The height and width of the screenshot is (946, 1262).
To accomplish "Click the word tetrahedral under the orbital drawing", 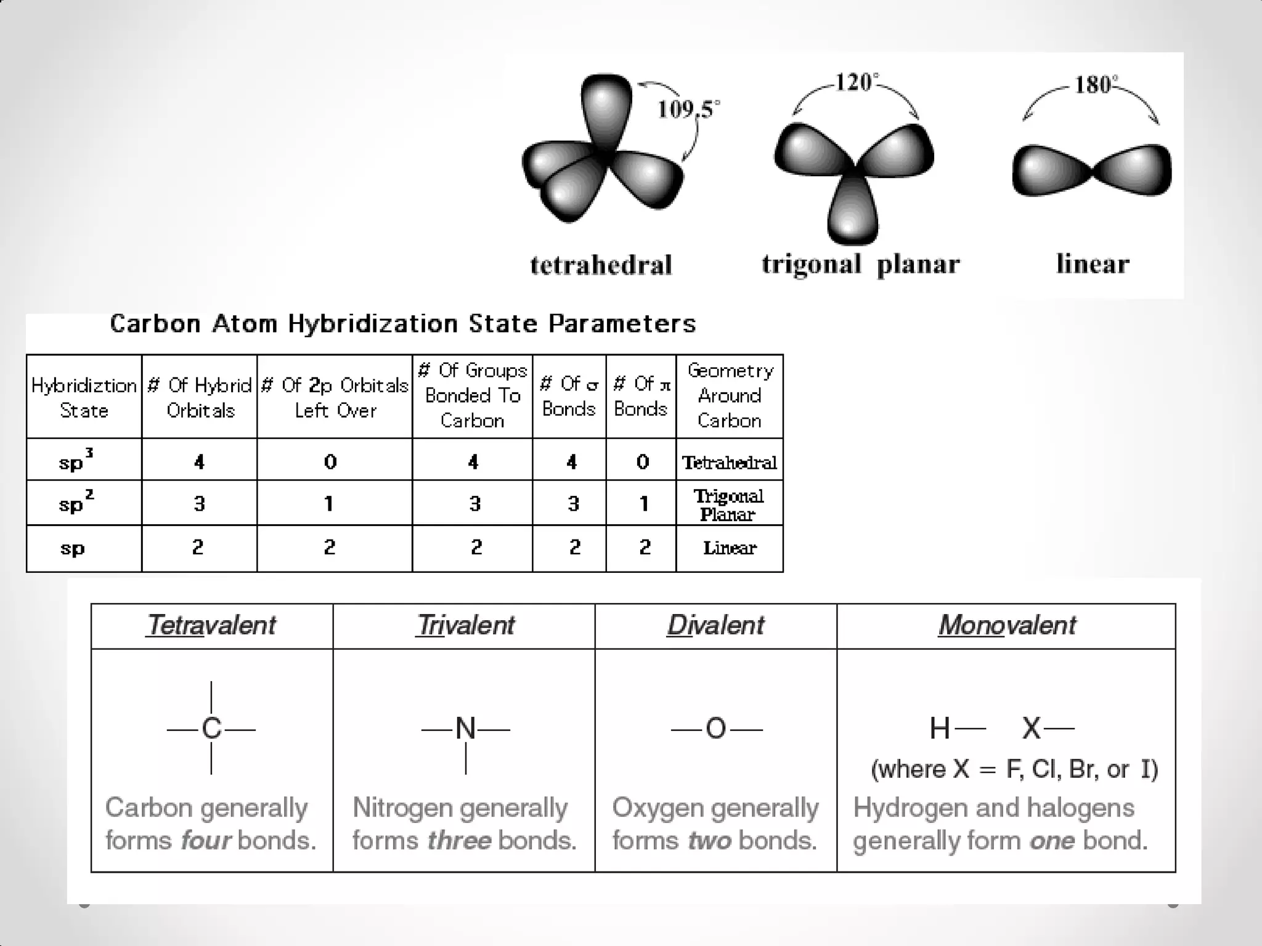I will tap(601, 265).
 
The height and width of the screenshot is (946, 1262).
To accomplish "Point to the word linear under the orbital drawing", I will tap(1093, 264).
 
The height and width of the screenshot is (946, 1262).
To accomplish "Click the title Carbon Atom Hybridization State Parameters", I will tap(403, 324).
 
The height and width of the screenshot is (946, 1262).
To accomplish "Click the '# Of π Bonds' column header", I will tap(641, 396).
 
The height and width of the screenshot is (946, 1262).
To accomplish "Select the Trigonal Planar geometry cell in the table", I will tap(729, 504).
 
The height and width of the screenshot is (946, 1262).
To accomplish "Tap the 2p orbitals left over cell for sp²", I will tap(330, 504).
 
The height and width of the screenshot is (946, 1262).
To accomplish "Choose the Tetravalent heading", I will tap(211, 626).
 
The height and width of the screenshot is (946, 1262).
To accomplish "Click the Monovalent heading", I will tap(1007, 626).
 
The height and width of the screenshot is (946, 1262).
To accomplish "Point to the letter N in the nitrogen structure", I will tap(466, 729).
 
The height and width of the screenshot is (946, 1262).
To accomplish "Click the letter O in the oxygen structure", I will tap(716, 729).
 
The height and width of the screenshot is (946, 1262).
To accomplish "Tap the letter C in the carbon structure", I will tap(211, 729).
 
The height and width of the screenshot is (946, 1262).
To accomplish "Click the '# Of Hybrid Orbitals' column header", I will tap(200, 397).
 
